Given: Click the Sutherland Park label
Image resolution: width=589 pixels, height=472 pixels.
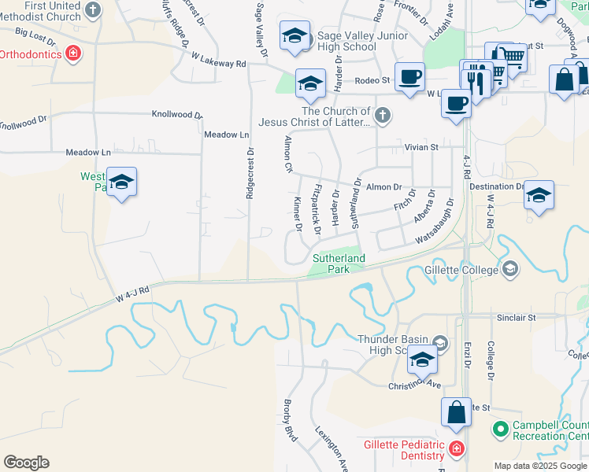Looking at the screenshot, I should coord(339,264).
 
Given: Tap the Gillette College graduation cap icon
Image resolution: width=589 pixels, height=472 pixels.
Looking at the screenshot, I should coord(510,270).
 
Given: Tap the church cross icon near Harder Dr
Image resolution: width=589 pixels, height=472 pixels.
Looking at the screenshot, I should coord(383,116).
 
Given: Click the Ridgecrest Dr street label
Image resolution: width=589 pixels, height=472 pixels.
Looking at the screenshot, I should coord(250,172).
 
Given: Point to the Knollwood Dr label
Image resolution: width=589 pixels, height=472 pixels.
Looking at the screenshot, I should coord(177,114).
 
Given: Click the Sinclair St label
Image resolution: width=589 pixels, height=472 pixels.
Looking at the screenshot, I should coord(516,318).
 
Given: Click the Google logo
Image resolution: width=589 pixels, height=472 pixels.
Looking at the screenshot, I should coord(26,463).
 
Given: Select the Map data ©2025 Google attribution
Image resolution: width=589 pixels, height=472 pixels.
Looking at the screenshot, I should coord(539,466).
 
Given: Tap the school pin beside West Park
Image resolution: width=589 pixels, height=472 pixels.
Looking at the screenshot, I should coord(121,183).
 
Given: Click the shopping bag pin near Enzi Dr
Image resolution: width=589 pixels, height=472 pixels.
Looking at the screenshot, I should coord(457,412).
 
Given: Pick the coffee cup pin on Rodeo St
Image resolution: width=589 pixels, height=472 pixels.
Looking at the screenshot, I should coord(409,78).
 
